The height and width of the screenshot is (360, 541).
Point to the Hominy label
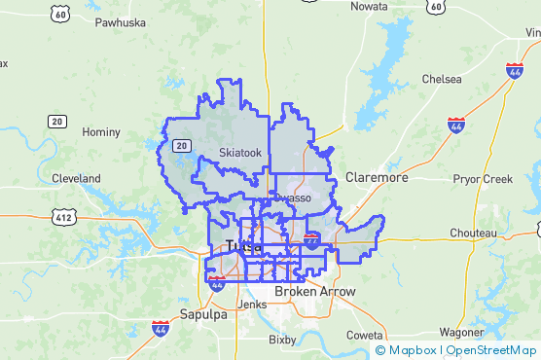(x=101, y=131)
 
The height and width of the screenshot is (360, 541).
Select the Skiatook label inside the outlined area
(x=240, y=153)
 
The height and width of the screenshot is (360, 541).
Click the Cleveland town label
(x=76, y=179)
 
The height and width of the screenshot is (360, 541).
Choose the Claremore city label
(x=377, y=178)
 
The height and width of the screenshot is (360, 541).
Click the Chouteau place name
(x=473, y=234)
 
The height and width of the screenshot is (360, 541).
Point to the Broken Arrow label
(x=315, y=292)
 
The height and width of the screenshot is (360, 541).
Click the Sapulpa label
(x=202, y=314)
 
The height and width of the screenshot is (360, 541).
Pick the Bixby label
(x=282, y=341)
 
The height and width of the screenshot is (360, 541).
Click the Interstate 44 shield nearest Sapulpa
(x=160, y=329)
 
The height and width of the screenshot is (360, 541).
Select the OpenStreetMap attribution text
(x=491, y=350)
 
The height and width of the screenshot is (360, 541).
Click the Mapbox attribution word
(x=414, y=350)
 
